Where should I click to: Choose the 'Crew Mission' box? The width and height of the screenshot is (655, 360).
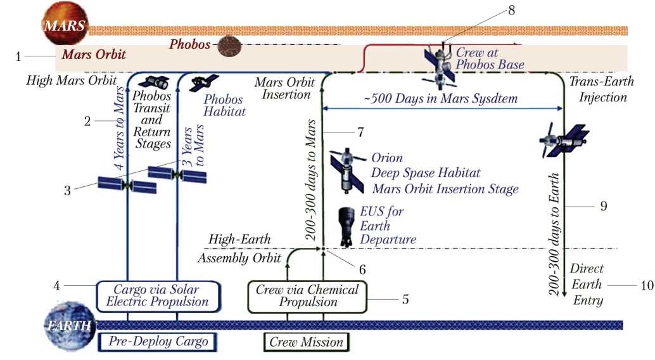pos(306,342)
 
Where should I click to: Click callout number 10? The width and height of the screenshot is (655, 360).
pos(647,285)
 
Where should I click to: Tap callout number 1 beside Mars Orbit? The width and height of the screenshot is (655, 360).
pos(18,56)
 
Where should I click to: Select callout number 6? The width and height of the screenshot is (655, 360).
pos(362,269)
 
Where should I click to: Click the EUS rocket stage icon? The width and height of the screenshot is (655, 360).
pos(346,225)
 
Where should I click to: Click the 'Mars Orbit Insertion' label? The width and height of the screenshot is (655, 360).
pos(283,88)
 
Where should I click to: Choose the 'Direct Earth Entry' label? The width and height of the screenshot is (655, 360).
pos(587,285)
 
